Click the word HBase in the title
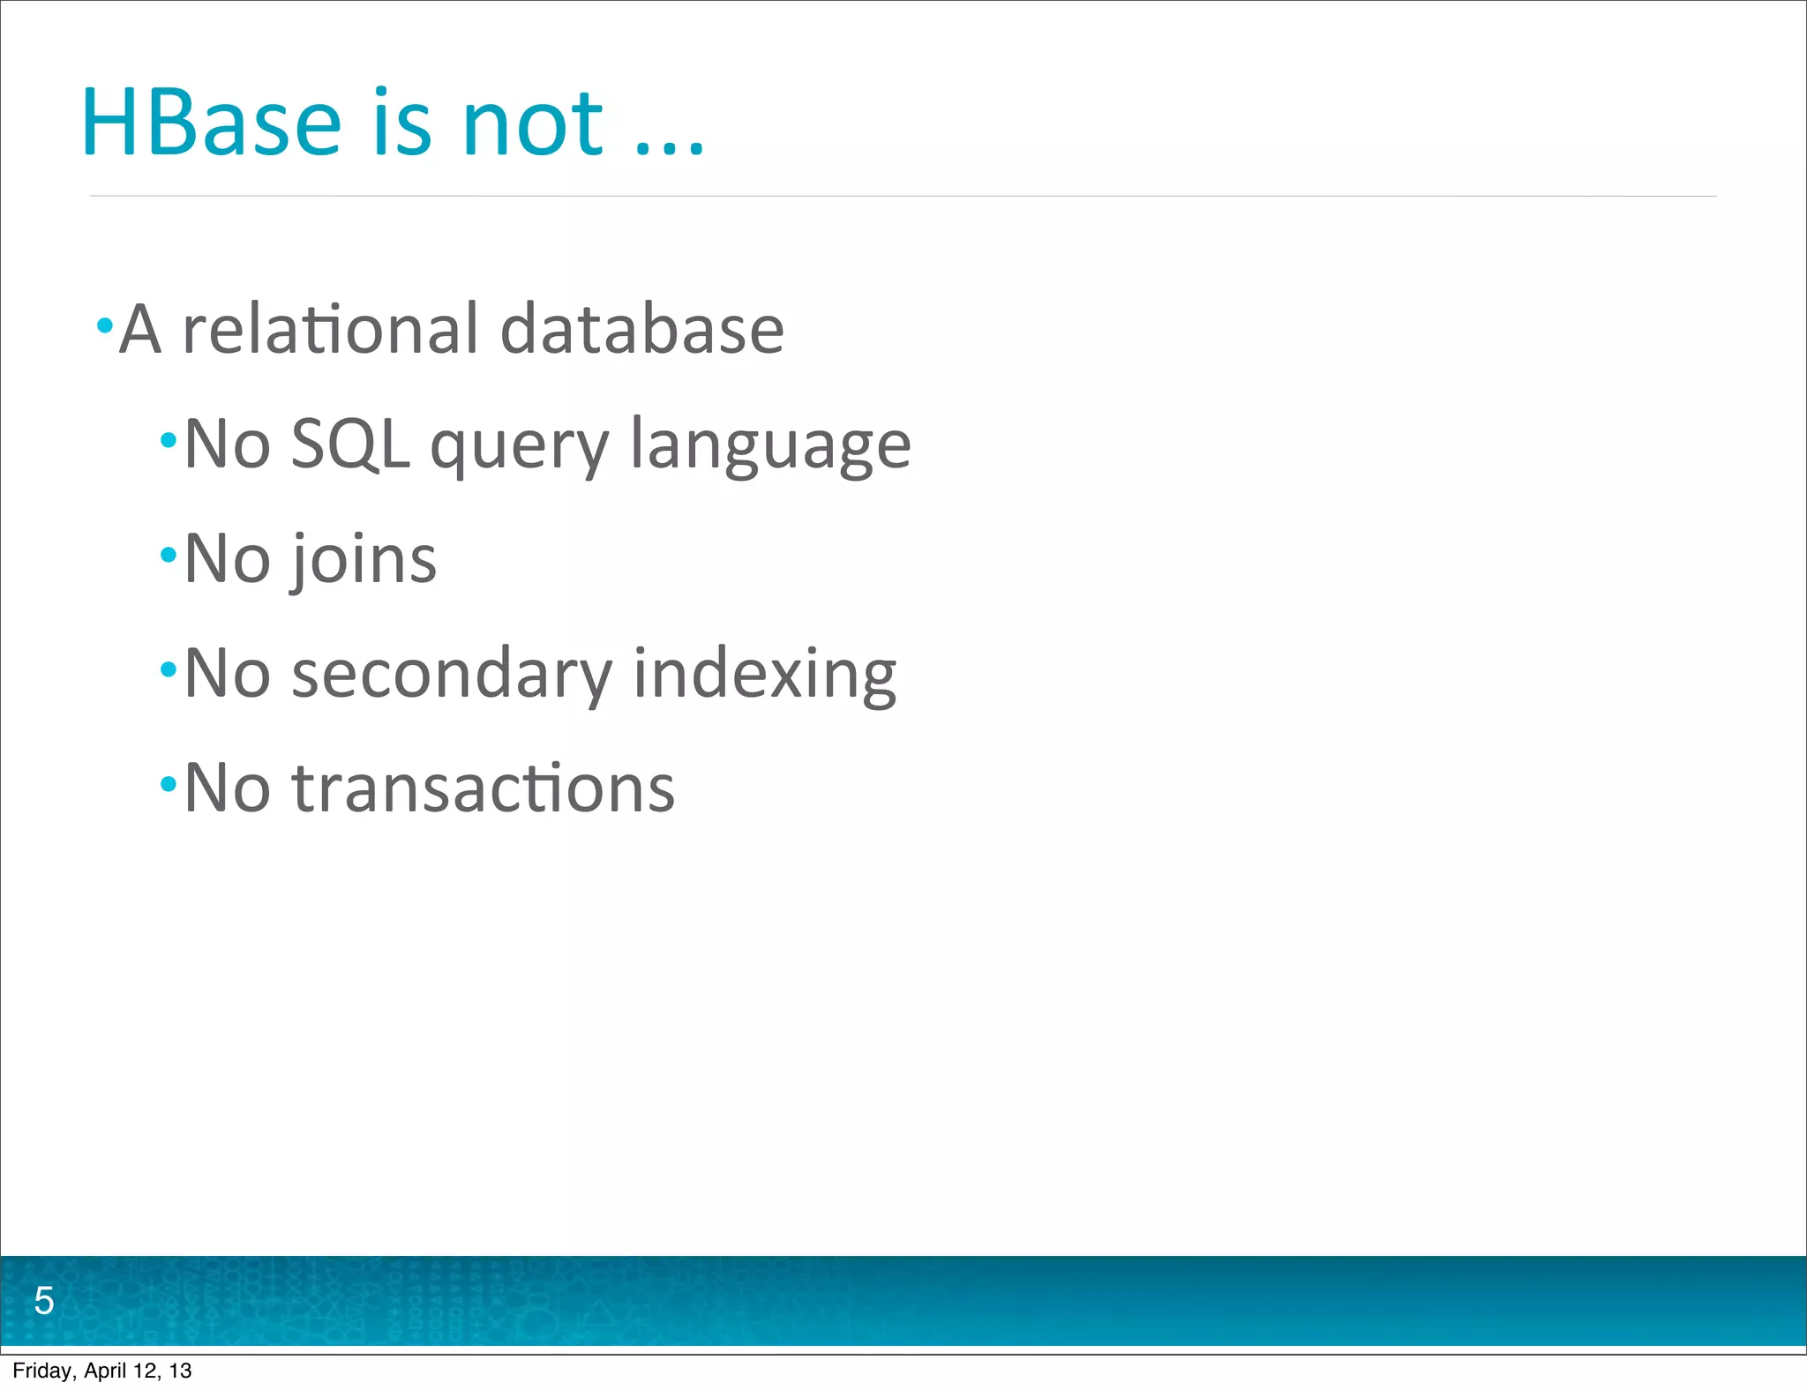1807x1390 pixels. (x=210, y=123)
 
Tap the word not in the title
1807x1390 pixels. (x=532, y=124)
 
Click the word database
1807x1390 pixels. (x=641, y=329)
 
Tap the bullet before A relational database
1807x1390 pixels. (x=104, y=325)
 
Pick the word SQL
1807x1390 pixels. (x=349, y=444)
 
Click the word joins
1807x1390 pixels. (x=364, y=560)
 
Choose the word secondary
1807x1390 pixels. (x=451, y=674)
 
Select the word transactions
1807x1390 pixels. (x=483, y=788)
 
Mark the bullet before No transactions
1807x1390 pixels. (x=169, y=783)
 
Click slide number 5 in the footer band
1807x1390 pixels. (x=43, y=1301)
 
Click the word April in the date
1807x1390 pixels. (x=105, y=1371)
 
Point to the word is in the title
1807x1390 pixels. (x=401, y=123)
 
